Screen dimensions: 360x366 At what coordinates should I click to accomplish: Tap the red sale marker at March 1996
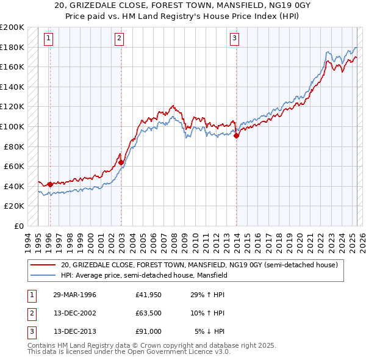pyautogui.click(x=50, y=184)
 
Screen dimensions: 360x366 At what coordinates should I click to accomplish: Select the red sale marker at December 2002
pyautogui.click(x=121, y=162)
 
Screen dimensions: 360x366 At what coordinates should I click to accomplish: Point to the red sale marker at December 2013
pyautogui.click(x=236, y=135)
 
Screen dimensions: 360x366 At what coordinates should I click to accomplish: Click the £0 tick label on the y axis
pyautogui.click(x=19, y=226)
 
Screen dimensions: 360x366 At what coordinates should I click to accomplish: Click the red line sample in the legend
pyautogui.click(x=43, y=265)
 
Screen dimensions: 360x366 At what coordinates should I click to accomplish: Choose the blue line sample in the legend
pyautogui.click(x=43, y=275)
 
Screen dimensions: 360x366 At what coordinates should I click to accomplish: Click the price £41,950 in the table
pyautogui.click(x=149, y=295)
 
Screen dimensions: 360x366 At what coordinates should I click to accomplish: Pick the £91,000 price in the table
pyautogui.click(x=149, y=331)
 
